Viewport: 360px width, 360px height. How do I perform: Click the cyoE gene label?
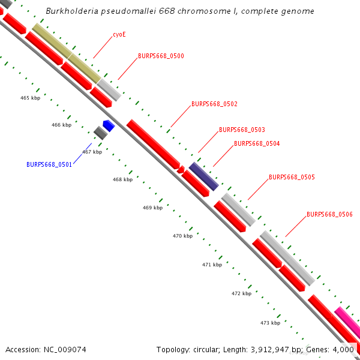point(119,35)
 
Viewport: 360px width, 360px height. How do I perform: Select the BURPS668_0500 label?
point(161,56)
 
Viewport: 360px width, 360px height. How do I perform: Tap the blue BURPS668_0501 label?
point(49,164)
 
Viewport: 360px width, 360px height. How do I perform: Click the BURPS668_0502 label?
point(214,104)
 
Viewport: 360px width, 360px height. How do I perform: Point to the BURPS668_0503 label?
point(242,130)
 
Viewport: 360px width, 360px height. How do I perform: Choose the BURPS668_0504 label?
point(257,144)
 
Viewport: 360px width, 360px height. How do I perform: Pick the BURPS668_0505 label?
point(292,178)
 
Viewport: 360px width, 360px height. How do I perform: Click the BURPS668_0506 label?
point(329,214)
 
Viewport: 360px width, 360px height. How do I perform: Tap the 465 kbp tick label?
point(30,98)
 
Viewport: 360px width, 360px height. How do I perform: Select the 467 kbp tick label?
point(92,152)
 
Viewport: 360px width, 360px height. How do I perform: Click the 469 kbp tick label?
point(152,208)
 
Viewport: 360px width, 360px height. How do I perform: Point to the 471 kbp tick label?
point(212,265)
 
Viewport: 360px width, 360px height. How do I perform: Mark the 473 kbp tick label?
point(270,323)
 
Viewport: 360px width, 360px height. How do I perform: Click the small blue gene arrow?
point(109,125)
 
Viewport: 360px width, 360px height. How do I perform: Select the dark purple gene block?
point(203,176)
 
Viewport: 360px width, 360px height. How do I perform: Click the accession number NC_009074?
point(65,349)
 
